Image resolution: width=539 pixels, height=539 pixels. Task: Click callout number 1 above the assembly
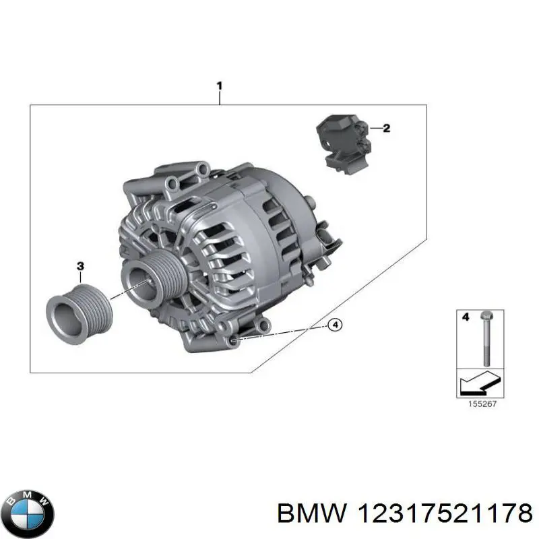[219, 86]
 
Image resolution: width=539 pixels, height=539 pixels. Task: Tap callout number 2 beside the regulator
[387, 128]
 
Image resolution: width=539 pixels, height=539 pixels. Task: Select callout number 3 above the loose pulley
[80, 267]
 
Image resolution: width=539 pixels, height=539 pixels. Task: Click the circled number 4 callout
[335, 325]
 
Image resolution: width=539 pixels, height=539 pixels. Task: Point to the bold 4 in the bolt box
[464, 315]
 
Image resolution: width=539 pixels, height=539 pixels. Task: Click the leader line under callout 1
[219, 98]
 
